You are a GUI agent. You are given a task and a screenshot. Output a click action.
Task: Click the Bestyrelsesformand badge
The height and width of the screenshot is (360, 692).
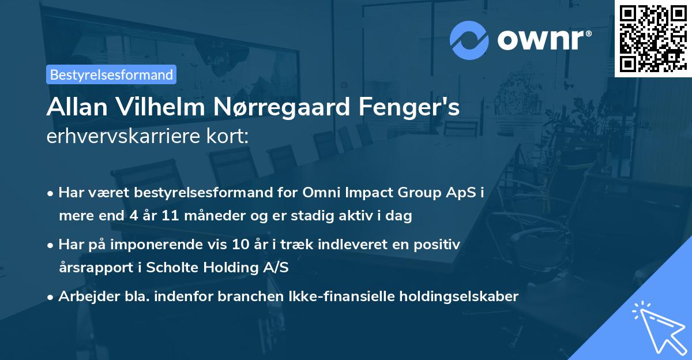pyautogui.click(x=111, y=74)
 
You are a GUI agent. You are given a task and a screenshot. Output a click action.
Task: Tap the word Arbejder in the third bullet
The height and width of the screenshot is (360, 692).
pyautogui.click(x=83, y=297)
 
